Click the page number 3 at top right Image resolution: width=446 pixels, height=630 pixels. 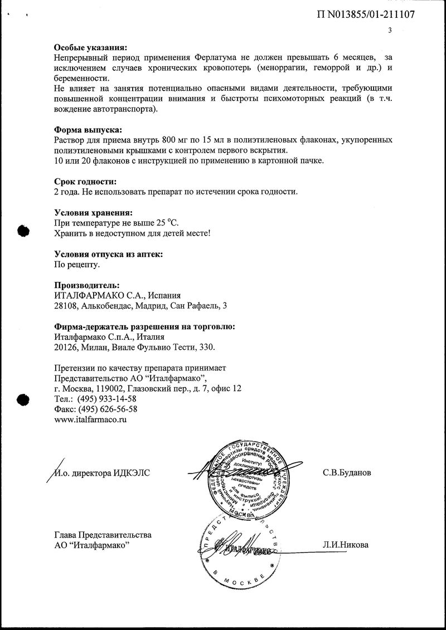(x=390, y=31)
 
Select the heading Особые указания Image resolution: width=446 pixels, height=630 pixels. (x=90, y=47)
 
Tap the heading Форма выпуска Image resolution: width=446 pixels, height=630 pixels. (x=88, y=129)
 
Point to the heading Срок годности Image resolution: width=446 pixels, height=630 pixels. (x=86, y=182)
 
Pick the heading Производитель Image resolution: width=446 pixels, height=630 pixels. (x=86, y=285)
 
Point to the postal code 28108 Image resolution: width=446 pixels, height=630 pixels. (x=66, y=306)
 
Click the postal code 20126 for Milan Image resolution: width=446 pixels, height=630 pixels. (x=66, y=347)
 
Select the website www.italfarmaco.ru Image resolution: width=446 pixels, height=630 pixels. (x=91, y=419)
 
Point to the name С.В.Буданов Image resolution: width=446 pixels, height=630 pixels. (x=346, y=473)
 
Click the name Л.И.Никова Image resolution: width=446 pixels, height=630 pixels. (x=345, y=544)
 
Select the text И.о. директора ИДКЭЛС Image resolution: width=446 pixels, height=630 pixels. (x=102, y=473)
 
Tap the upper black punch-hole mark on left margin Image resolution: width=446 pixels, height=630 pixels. (x=22, y=231)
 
